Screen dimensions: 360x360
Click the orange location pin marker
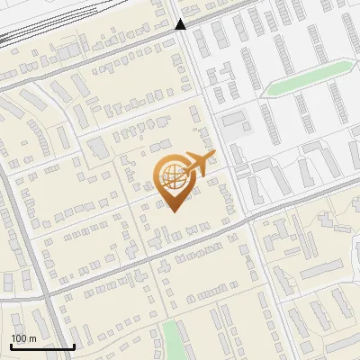coord(175,181)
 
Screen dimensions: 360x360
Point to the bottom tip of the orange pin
coord(174,211)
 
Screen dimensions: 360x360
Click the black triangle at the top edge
coord(180,24)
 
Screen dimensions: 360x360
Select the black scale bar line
coord(42,347)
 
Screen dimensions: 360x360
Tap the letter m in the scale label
coord(32,338)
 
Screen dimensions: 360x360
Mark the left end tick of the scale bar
coord(11,346)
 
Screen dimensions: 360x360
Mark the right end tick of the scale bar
coord(74,346)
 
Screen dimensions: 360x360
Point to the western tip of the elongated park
coord(269,91)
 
